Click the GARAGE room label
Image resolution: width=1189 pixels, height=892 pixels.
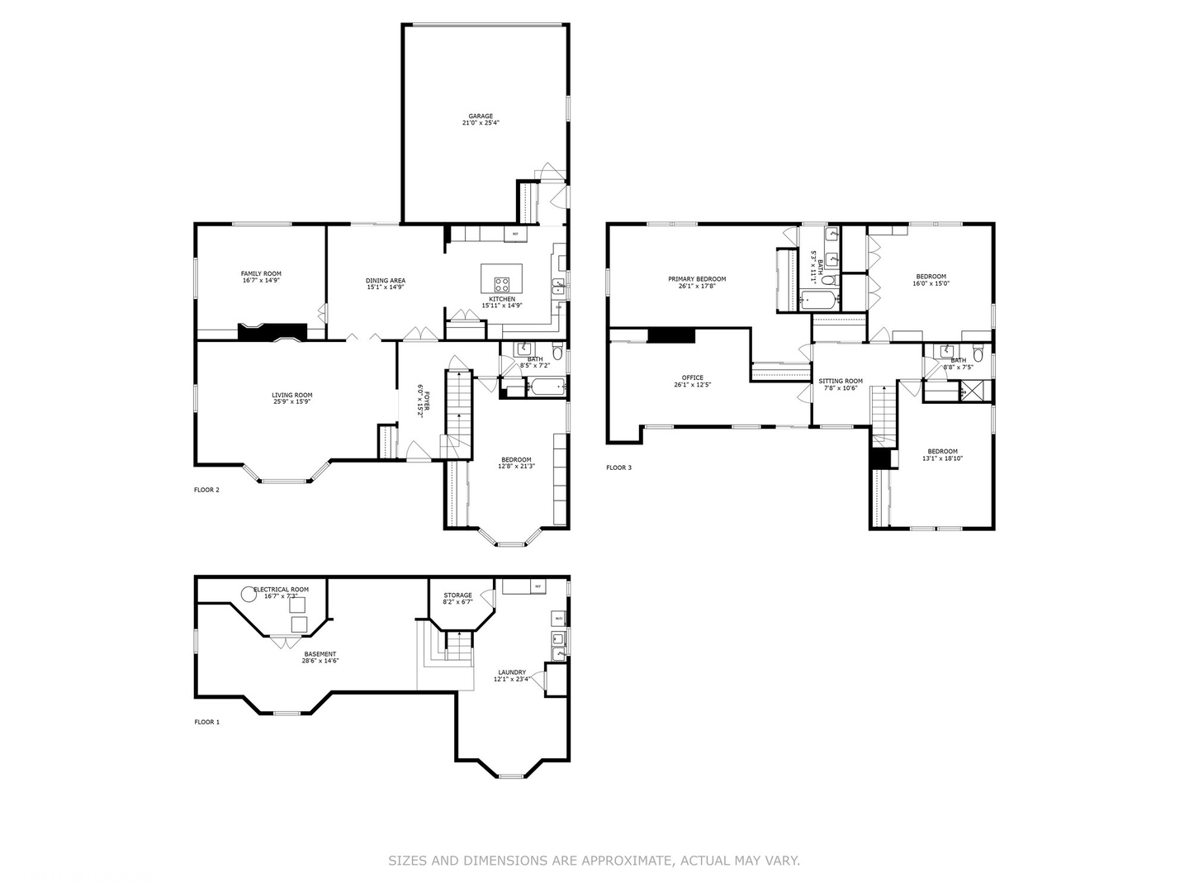[481, 116]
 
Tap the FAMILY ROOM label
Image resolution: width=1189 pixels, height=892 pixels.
[261, 273]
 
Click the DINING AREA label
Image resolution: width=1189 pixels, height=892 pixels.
[386, 281]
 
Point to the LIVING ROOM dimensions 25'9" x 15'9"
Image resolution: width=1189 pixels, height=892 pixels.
[292, 402]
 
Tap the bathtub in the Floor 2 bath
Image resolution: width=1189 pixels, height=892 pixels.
[546, 387]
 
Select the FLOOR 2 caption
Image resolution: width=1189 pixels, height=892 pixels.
[206, 490]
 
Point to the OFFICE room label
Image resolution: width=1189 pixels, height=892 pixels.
[693, 377]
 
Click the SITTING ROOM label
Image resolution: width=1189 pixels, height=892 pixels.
[841, 382]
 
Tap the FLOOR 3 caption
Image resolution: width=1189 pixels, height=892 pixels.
[618, 467]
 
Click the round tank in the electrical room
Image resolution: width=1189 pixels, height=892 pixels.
[248, 593]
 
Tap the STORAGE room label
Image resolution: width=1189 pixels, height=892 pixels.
[457, 595]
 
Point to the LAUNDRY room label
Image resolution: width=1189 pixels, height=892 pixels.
[512, 672]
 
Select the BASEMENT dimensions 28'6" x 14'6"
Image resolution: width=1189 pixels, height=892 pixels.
[320, 661]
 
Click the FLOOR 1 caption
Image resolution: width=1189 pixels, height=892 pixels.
[206, 722]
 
